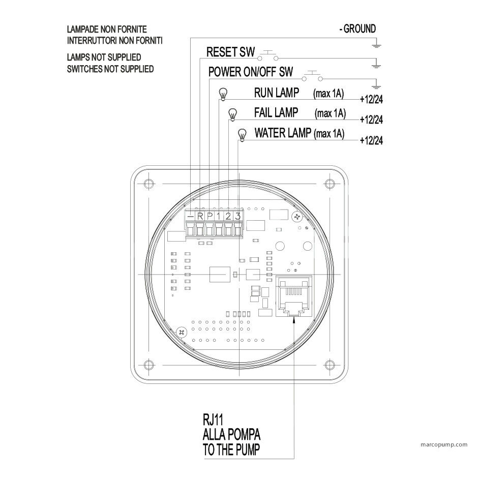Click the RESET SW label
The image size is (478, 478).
[230, 52]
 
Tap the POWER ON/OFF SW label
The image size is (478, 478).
[251, 72]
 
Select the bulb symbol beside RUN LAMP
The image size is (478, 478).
[223, 94]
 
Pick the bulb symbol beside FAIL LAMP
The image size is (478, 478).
[232, 114]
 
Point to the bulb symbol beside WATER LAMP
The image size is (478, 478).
[242, 135]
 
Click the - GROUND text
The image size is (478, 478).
[357, 29]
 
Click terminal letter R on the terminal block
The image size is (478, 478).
[200, 216]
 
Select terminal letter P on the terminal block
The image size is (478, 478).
[210, 216]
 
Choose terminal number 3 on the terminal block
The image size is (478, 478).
[238, 216]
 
